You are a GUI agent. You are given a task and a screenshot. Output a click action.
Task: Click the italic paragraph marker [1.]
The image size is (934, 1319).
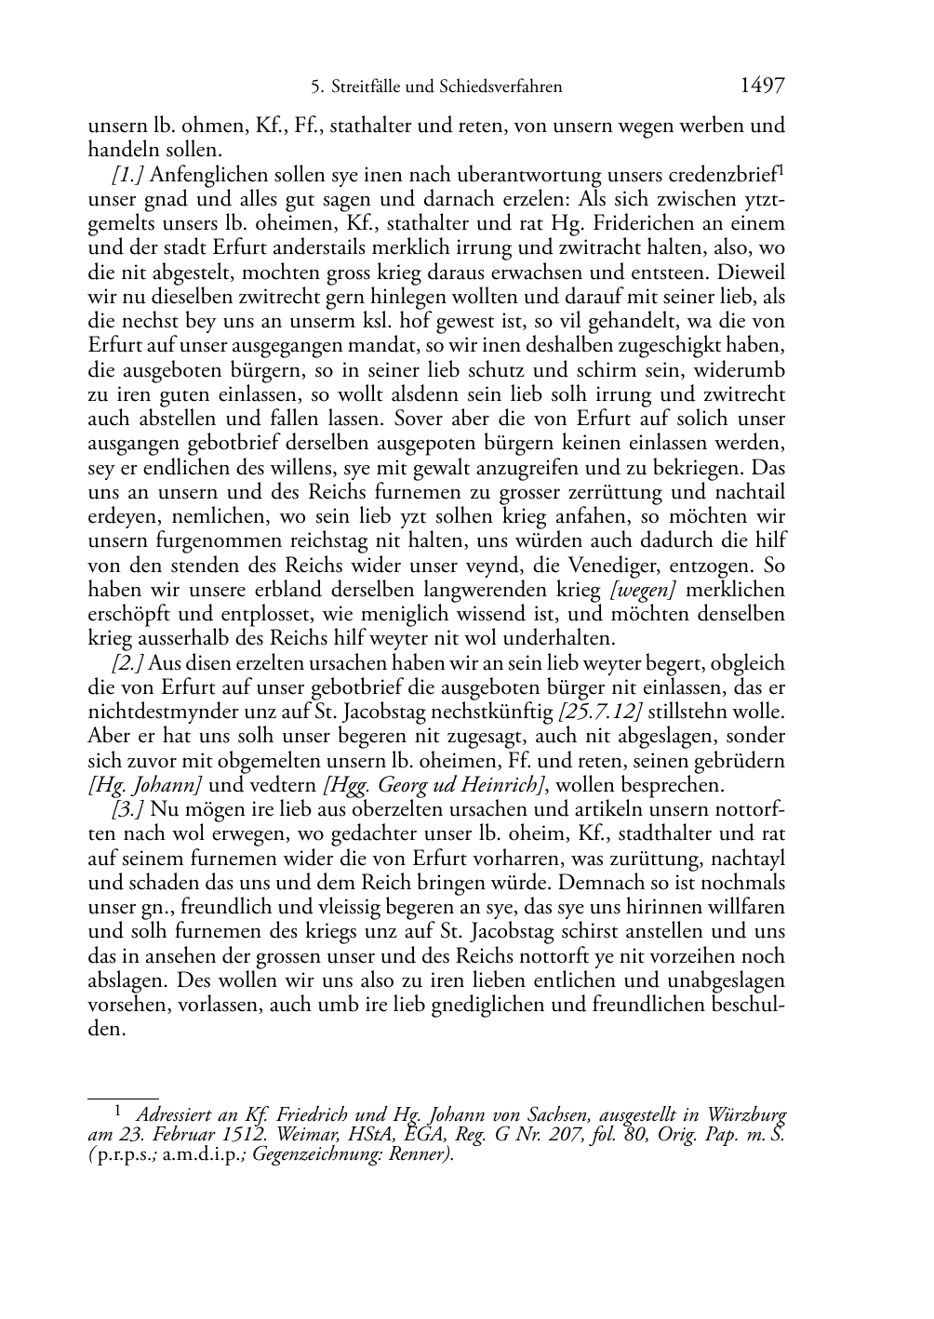tap(127, 174)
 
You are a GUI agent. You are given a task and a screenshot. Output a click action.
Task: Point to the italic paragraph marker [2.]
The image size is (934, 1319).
tap(127, 664)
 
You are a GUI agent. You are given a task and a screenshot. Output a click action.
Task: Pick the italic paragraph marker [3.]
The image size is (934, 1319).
tap(127, 809)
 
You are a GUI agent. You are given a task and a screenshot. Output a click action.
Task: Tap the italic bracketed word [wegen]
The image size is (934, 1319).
tap(643, 590)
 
